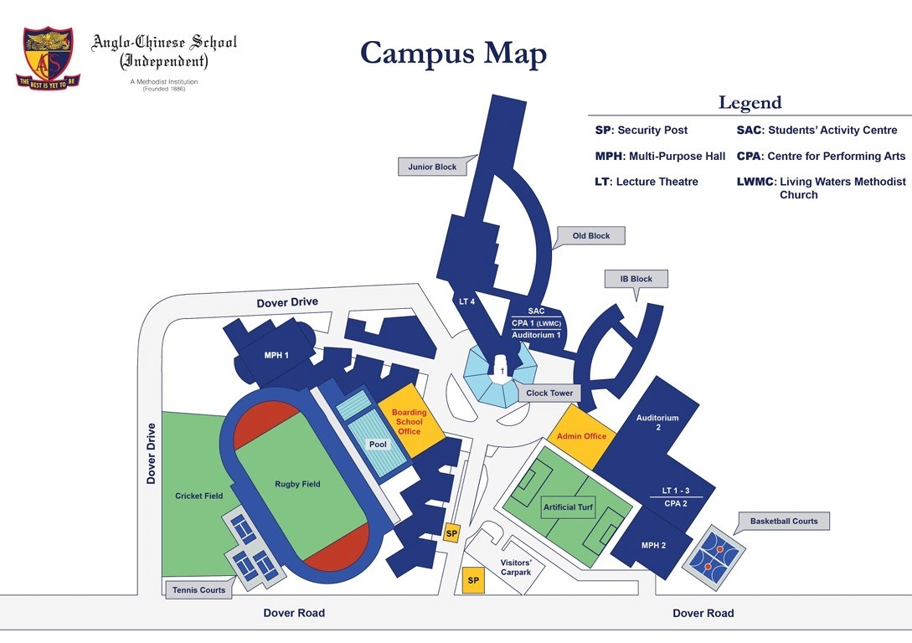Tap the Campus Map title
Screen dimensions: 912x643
(x=453, y=53)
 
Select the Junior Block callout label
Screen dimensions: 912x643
(x=432, y=167)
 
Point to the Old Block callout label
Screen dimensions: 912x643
(x=590, y=236)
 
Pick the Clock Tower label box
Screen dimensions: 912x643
(x=549, y=393)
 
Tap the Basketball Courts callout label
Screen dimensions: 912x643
(x=783, y=521)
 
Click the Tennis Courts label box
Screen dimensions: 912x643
(x=199, y=589)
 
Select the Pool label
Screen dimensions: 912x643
(x=378, y=445)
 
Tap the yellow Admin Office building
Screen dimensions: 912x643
(x=581, y=435)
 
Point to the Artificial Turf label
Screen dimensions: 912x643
(x=568, y=507)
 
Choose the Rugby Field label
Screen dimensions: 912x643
(x=297, y=484)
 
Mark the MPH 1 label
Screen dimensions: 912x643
(x=276, y=356)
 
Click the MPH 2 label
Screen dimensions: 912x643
(x=653, y=546)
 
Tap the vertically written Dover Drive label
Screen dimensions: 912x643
(x=152, y=453)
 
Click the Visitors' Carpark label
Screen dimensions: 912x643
(x=516, y=568)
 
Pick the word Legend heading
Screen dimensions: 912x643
(x=750, y=103)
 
